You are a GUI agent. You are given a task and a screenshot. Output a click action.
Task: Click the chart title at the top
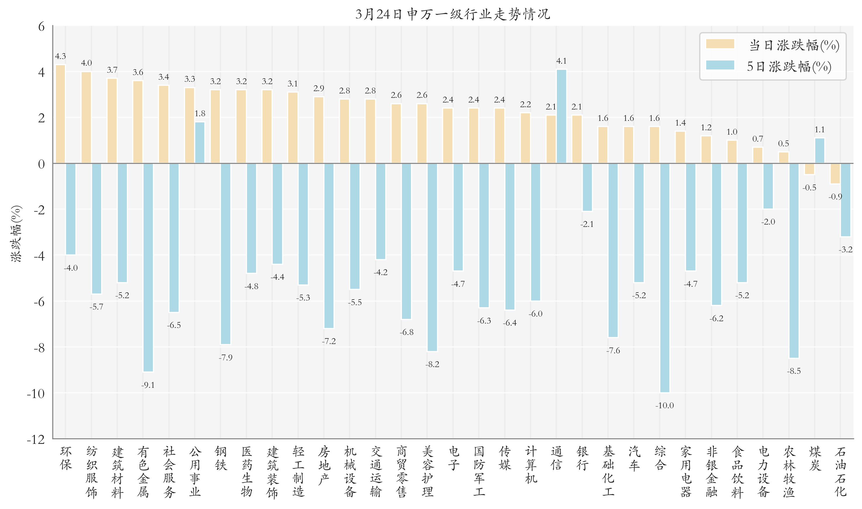(452, 14)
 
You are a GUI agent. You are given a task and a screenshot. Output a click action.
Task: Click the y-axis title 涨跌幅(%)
(16, 234)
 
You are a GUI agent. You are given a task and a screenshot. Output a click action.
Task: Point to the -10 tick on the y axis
(36, 393)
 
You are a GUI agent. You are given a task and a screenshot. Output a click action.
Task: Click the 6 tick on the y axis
(41, 26)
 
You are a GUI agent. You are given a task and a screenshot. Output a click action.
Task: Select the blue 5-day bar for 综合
(665, 278)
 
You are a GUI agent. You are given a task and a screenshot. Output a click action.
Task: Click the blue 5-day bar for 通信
(561, 117)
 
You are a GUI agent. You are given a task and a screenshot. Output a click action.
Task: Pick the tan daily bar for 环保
(61, 114)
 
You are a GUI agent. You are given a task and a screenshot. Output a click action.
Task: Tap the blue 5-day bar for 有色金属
(148, 267)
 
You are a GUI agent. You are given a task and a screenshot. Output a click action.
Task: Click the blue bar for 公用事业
(200, 143)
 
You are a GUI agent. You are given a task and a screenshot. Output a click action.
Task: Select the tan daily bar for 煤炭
(809, 169)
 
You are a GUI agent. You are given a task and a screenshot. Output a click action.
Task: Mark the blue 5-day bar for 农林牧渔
(794, 261)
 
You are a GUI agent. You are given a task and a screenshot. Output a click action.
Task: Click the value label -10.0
(665, 405)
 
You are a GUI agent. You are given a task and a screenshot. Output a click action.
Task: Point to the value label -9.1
(148, 385)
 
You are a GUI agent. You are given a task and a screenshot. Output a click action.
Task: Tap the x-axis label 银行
(582, 458)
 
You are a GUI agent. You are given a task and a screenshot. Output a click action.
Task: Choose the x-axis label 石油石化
(840, 471)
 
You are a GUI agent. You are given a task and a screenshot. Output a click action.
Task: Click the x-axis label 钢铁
(221, 458)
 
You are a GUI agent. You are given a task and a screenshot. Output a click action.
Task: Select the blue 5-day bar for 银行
(587, 187)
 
